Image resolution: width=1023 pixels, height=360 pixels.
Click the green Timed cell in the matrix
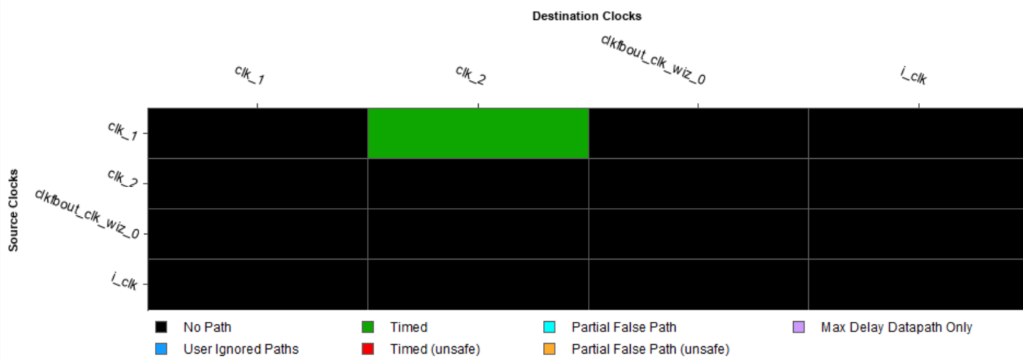coord(478,134)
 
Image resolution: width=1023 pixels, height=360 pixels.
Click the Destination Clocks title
coord(587,16)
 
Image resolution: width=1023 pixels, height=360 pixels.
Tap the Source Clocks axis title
coord(13,210)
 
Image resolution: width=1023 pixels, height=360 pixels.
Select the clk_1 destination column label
coord(250,76)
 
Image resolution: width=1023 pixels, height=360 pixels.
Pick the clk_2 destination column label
coord(471,76)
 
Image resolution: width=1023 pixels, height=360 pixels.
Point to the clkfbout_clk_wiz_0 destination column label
coord(653,60)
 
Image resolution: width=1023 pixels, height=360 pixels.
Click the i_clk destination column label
coord(913,76)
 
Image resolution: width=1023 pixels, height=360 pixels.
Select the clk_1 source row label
coord(122,131)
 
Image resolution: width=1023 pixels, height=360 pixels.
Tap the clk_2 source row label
coord(122,178)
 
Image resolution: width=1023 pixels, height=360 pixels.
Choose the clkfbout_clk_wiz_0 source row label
coord(87,214)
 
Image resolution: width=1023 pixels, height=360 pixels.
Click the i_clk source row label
coord(123,281)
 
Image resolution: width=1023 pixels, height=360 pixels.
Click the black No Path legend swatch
coord(161,327)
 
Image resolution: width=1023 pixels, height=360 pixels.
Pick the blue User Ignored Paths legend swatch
coord(161,349)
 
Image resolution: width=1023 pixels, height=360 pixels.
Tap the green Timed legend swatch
coord(368,327)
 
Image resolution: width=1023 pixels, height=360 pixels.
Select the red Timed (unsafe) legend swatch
coord(368,349)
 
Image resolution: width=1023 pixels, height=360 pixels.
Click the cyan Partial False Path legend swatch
coord(550,327)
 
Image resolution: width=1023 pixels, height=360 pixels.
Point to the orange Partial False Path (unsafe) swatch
coord(550,349)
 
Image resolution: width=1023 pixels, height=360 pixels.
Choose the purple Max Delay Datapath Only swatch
coord(799,327)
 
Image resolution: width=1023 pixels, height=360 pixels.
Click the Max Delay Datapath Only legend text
coord(897,327)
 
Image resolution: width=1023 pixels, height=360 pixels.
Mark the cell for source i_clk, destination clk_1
coord(258,284)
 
